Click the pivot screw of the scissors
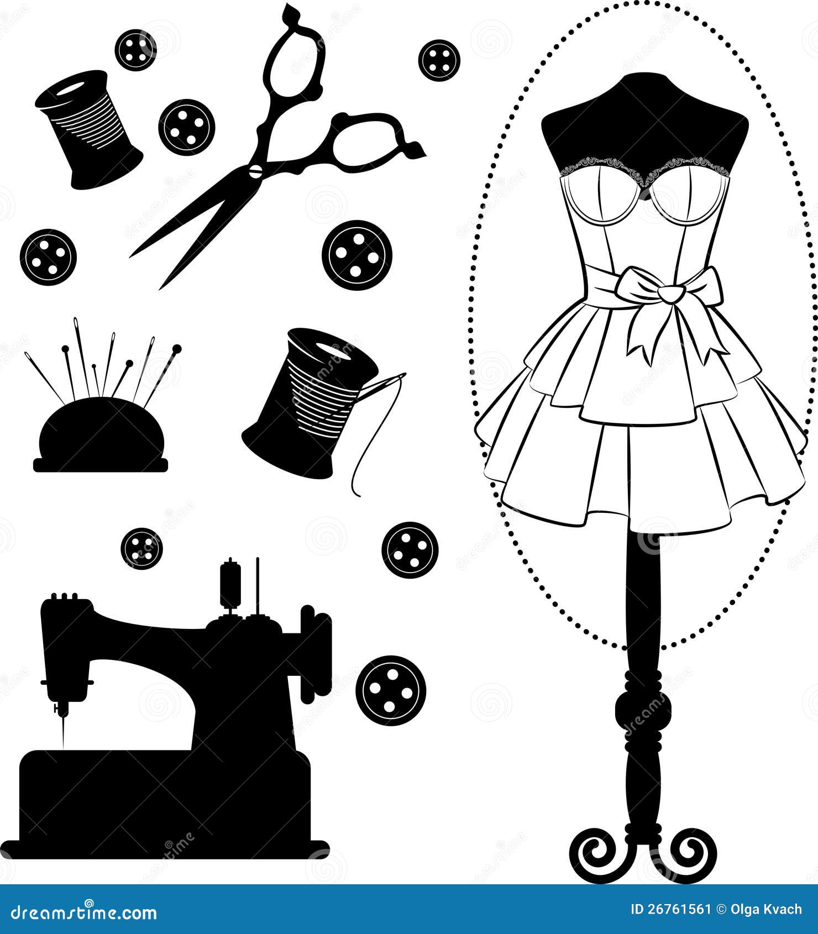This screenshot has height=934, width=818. pos(255,170)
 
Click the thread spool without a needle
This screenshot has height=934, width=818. pos(88,130)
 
